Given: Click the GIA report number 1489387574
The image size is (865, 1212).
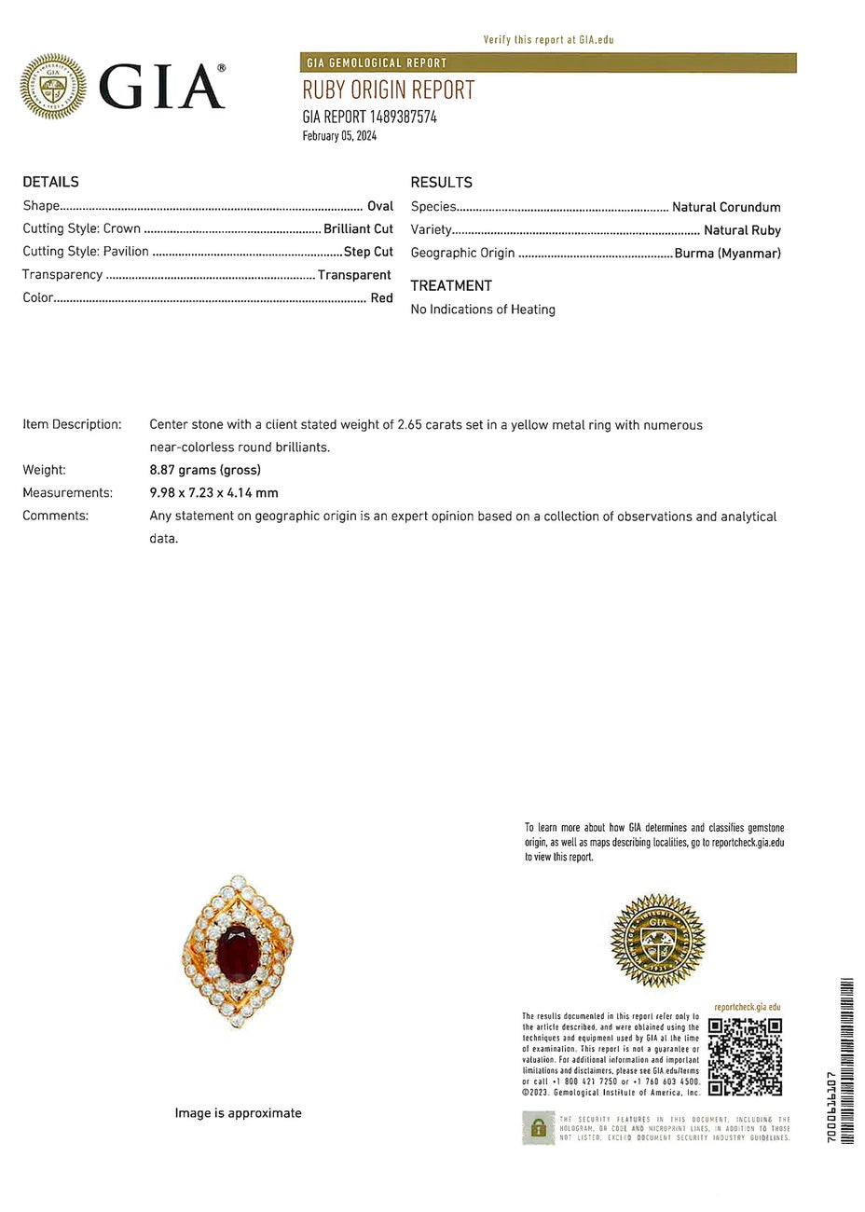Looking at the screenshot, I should coord(369,117).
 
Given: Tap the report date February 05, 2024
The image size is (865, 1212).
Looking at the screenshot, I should coord(339,136).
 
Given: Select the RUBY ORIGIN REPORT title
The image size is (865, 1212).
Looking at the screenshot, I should coord(388,90).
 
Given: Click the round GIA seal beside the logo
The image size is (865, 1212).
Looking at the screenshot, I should coord(53,87).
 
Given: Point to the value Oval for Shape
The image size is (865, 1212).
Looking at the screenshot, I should coord(380,206).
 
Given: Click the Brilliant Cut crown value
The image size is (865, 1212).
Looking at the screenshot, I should coord(358,228).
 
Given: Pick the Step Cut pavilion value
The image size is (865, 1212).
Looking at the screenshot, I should coord(368,252).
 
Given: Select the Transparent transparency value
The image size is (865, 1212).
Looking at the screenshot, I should coord(354,275).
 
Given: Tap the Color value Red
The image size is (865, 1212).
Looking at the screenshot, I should coord(382,298).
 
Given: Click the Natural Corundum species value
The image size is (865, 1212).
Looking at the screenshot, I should coord(726,207).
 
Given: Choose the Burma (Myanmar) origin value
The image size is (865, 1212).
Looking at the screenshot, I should coord(727,253).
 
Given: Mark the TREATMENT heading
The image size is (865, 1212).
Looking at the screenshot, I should coord(451,285).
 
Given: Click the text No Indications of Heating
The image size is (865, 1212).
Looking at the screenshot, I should coord(483,310).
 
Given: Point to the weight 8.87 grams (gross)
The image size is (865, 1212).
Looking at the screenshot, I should coord(205,470).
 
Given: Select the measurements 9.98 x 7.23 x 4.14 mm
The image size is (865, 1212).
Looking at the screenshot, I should coord(213,493).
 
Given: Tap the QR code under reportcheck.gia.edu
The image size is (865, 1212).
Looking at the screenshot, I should coord(744,1056).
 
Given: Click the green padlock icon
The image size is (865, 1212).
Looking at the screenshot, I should coord(537,1128).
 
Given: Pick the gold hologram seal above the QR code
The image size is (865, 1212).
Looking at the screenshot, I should coord(658,941).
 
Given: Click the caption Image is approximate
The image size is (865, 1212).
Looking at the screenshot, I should coord(238,1113).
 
